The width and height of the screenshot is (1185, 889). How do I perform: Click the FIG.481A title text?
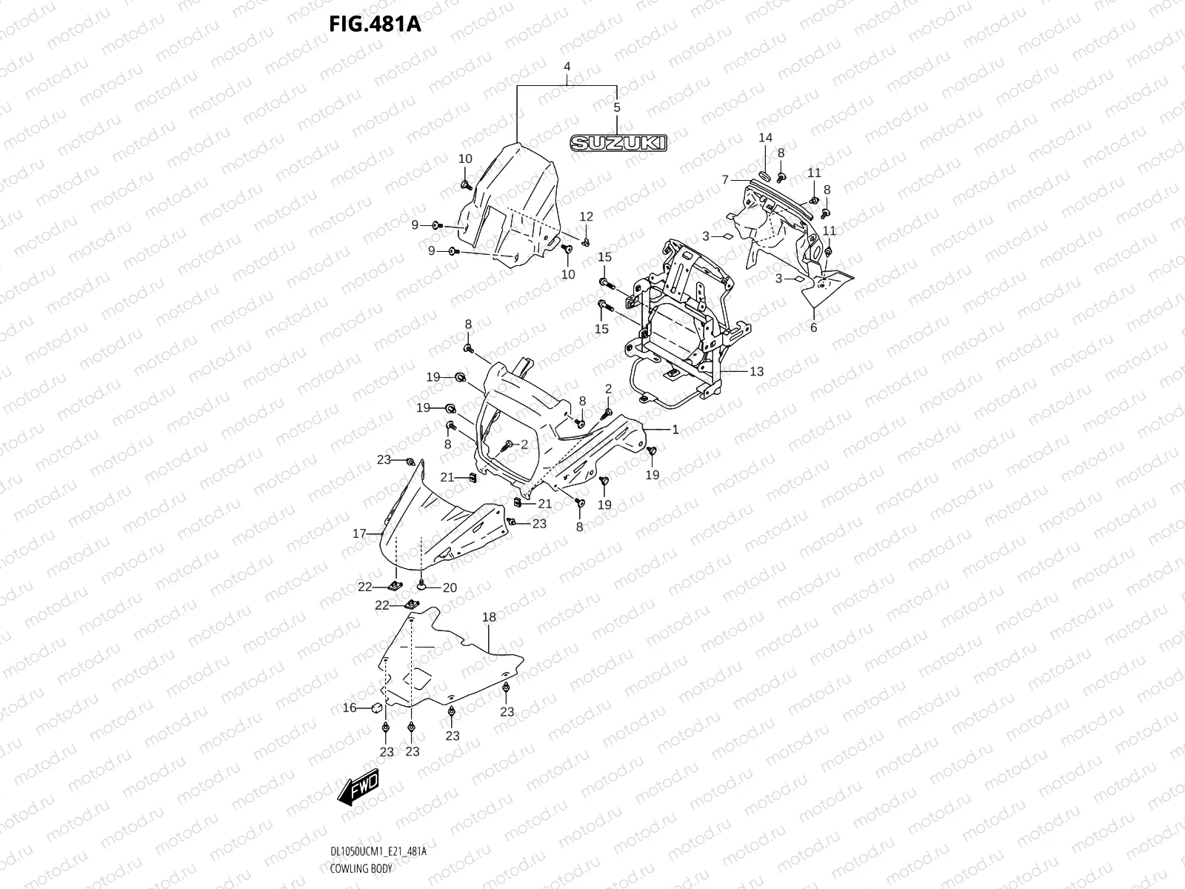click(x=375, y=24)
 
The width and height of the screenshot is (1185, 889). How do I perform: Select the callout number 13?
click(x=756, y=372)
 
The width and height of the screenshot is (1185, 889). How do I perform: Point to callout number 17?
click(x=359, y=533)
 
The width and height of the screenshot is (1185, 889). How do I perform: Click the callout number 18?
click(x=489, y=617)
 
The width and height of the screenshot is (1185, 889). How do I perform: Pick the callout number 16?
click(x=350, y=708)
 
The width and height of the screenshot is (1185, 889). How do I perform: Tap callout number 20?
click(x=450, y=587)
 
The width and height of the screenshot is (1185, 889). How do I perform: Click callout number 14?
click(x=765, y=138)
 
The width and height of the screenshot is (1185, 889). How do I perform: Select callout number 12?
click(x=586, y=217)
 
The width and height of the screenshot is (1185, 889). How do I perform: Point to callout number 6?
click(x=813, y=327)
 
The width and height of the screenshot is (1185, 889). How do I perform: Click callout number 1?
click(x=675, y=429)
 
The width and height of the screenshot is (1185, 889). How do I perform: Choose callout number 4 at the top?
click(x=567, y=66)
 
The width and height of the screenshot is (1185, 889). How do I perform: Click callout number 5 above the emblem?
click(x=617, y=107)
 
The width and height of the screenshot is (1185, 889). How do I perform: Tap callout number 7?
click(x=726, y=179)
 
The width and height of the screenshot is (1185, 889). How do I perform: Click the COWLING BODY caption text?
click(x=361, y=868)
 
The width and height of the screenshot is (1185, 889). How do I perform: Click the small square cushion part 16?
click(x=376, y=706)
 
